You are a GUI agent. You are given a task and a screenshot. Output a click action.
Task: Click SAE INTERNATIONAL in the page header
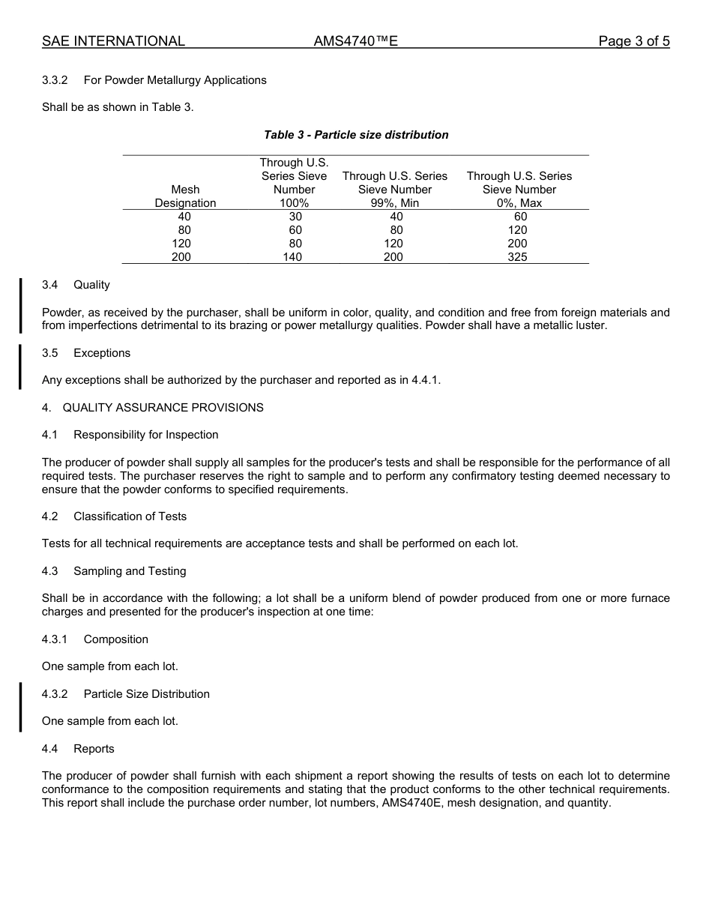113,41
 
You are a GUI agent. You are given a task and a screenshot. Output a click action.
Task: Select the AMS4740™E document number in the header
355,41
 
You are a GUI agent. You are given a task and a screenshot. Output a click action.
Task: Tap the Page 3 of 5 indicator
633,41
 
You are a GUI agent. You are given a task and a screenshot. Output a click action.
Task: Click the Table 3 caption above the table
356,135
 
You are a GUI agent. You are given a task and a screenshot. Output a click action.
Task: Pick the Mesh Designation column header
185,196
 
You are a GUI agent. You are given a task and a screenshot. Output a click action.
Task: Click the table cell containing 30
295,217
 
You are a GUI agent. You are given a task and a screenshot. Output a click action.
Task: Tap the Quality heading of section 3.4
91,285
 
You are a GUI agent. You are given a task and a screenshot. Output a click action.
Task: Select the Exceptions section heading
102,353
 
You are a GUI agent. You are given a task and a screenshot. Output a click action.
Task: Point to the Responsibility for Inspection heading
146,435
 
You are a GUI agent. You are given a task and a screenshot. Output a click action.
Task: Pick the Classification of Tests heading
130,516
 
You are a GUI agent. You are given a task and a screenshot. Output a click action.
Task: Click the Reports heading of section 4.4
94,749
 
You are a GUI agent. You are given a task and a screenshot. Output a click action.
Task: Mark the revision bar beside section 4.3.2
20,707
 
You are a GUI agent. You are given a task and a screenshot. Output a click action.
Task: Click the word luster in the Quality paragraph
589,326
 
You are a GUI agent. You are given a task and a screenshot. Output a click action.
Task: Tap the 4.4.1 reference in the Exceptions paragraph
425,380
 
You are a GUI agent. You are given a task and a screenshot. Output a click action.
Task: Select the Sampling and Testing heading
130,571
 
